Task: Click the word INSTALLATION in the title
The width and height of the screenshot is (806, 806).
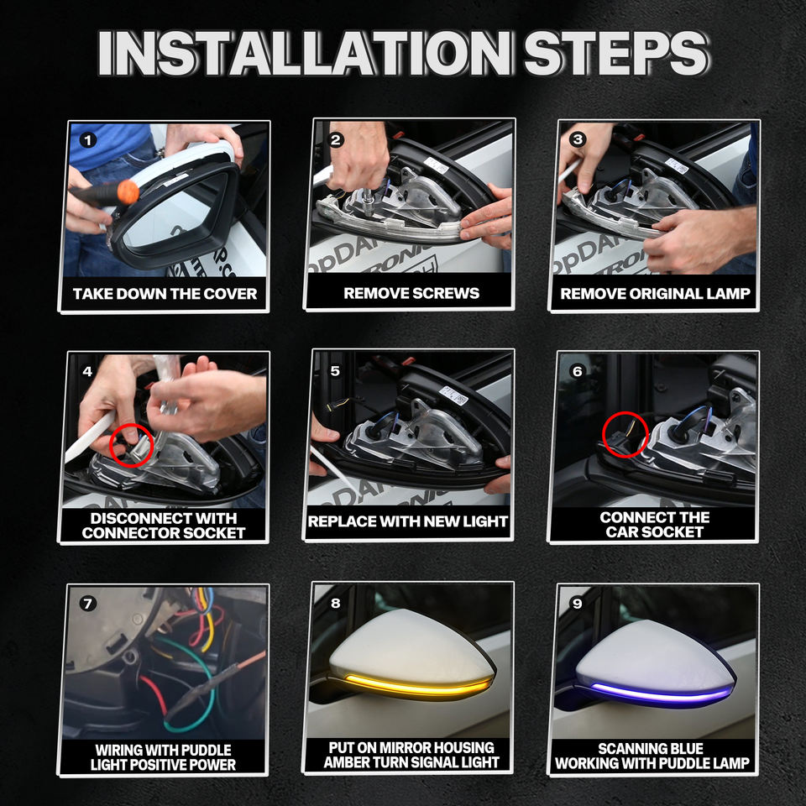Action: (306, 53)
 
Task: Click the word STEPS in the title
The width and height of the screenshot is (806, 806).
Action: (615, 53)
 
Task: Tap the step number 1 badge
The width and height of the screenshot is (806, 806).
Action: (88, 140)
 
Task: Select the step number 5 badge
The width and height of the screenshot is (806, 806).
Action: (335, 370)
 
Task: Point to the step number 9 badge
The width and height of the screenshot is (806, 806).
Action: (578, 603)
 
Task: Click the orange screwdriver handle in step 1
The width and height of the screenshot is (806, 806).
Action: (128, 192)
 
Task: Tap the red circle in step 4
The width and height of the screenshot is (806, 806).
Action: (132, 445)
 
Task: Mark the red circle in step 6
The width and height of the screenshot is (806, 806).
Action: (625, 435)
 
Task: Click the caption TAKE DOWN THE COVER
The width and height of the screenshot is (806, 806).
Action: (165, 294)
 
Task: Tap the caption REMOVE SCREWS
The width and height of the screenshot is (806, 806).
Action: (411, 293)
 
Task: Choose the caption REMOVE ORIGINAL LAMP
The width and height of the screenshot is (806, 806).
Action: (655, 294)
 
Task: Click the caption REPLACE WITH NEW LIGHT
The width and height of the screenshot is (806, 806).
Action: (408, 521)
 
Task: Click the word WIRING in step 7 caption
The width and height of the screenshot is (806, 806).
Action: (118, 750)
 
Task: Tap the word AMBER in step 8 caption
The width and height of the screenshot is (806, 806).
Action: (346, 762)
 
